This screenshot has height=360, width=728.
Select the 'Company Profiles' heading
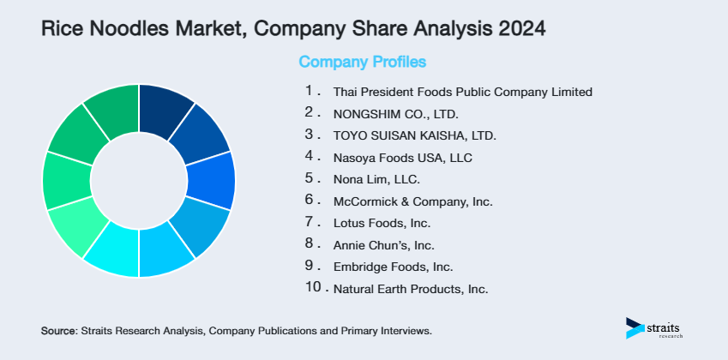tap(362, 62)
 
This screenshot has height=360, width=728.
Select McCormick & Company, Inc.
tap(412, 202)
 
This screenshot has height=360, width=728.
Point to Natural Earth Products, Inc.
tap(410, 289)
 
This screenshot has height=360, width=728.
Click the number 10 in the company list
tap(313, 287)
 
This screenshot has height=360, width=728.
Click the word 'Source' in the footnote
tap(58, 330)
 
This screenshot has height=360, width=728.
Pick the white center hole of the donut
tap(138, 180)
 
